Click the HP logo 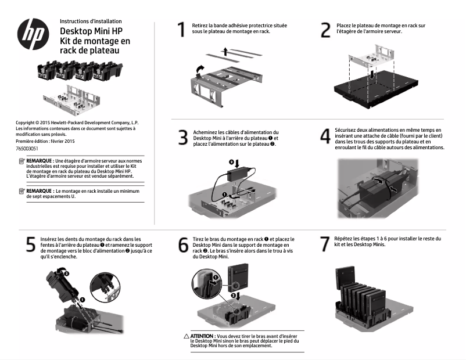(33, 34)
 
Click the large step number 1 (181, 30)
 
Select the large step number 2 (325, 30)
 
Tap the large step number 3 (183, 138)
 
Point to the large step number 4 (325, 136)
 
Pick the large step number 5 (31, 244)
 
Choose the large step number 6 (184, 245)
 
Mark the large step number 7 (325, 244)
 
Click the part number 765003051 (27, 149)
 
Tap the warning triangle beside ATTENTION (187, 336)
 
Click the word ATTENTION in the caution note (202, 336)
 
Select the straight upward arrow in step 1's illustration (225, 51)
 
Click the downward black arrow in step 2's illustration (371, 74)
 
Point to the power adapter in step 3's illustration (239, 174)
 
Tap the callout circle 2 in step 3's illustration (231, 162)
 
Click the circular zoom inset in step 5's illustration (106, 288)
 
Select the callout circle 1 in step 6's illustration (216, 278)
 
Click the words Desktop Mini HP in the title (91, 31)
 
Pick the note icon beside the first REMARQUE (21, 161)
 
